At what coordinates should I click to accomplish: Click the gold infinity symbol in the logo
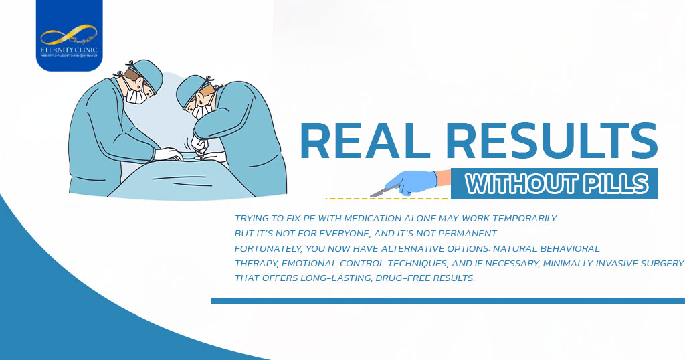(68, 35)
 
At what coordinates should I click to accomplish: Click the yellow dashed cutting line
(388, 199)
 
